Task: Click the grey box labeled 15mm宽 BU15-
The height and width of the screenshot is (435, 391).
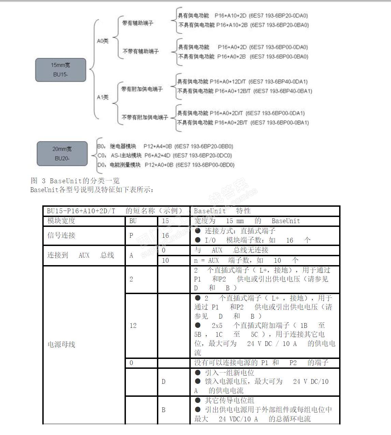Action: pos(60,70)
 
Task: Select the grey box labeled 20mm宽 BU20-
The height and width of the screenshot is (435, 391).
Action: pos(62,154)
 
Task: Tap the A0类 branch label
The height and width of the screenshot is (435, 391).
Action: pos(103,41)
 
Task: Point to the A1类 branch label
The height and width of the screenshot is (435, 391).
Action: pos(103,97)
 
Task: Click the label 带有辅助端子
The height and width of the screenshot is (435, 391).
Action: pos(138,23)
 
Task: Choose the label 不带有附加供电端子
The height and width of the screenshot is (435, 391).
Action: pos(145,117)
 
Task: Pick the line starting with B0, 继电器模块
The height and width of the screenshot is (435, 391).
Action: pos(165,146)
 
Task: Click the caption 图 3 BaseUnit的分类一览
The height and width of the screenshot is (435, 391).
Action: pos(75,180)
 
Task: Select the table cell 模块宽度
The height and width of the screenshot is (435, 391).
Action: pos(61,221)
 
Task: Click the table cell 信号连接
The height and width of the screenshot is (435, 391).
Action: pos(61,235)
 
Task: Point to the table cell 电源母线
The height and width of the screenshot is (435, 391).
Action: pos(61,345)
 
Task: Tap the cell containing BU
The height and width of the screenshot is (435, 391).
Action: pos(133,221)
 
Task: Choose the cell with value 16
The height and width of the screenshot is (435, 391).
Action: pos(165,235)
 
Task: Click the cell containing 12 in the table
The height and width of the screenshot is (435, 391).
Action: pos(133,325)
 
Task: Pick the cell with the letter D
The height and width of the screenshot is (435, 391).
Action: pos(163,381)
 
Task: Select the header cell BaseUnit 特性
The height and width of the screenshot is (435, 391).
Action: pos(222,211)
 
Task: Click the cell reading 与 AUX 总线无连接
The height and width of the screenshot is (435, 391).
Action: pos(232,250)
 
